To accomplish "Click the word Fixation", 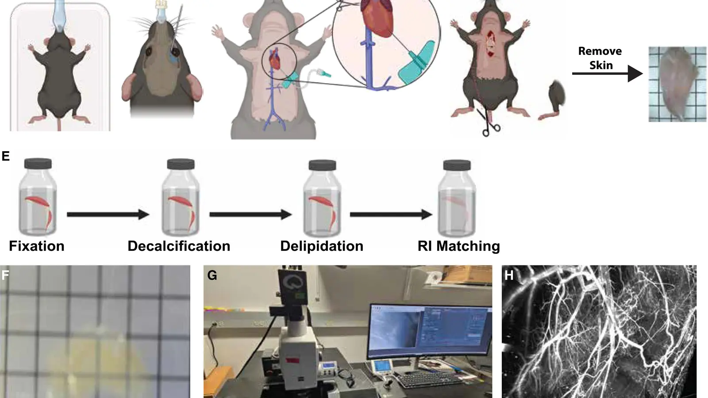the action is coord(37,246).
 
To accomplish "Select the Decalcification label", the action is coord(179,246).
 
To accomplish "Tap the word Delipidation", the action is coord(322,246).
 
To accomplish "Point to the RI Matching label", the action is coord(459,246).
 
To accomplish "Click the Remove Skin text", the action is coord(600,58).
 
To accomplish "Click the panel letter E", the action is coord(6,157).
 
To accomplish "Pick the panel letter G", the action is coord(212,276).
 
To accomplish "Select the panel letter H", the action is coord(509,276).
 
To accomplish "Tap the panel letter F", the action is coord(5,276).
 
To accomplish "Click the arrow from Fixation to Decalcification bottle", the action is coord(108,214).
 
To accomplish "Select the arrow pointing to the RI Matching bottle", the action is coord(391,214).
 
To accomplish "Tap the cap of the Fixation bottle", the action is coord(38,164).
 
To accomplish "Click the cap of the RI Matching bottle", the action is coord(457,165).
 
